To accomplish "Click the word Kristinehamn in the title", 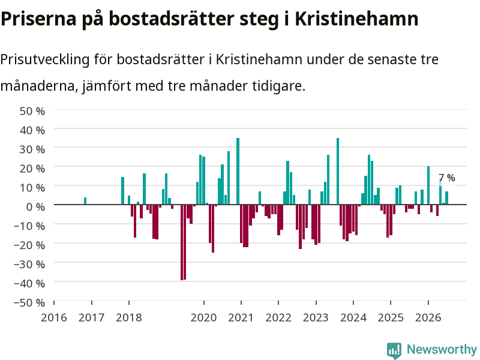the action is pyautogui.click(x=356, y=19).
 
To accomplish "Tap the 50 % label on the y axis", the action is pyautogui.click(x=32, y=111).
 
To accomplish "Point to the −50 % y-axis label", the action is pyautogui.click(x=29, y=302).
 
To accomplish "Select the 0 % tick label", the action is pyautogui.click(x=35, y=206).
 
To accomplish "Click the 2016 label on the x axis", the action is pyautogui.click(x=54, y=317).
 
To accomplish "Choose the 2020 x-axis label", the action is pyautogui.click(x=203, y=317).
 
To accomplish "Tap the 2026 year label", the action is pyautogui.click(x=428, y=317).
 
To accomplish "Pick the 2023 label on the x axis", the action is pyautogui.click(x=316, y=317).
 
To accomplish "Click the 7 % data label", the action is pyautogui.click(x=447, y=178).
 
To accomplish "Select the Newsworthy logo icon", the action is pyautogui.click(x=394, y=350).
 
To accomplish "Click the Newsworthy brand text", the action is pyautogui.click(x=442, y=349).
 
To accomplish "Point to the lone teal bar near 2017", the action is pyautogui.click(x=85, y=201).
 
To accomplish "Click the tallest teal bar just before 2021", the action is pyautogui.click(x=238, y=171).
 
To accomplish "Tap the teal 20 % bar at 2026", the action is pyautogui.click(x=428, y=185).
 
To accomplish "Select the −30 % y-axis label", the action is pyautogui.click(x=29, y=264).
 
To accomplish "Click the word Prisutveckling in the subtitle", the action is pyautogui.click(x=45, y=59).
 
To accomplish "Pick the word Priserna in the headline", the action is pyautogui.click(x=38, y=19).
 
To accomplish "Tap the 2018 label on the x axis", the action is pyautogui.click(x=129, y=317).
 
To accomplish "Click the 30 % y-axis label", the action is pyautogui.click(x=32, y=149).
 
